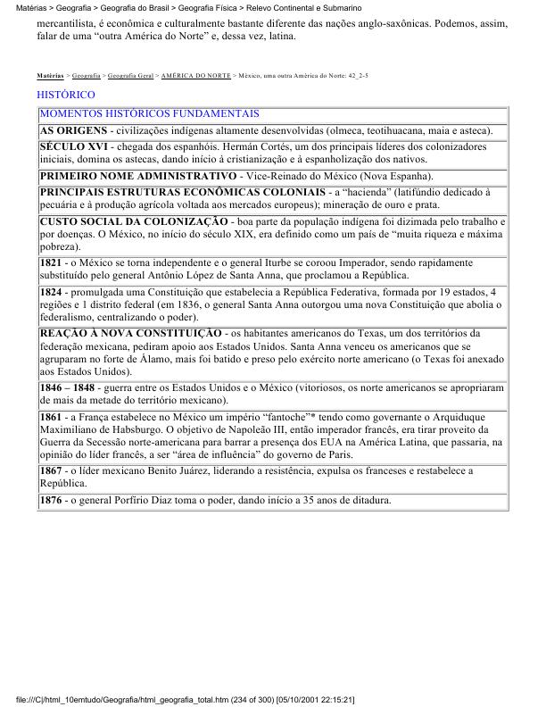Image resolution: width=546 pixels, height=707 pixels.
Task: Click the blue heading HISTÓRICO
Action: [x=66, y=95]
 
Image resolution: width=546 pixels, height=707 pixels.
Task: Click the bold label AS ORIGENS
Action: [x=74, y=130]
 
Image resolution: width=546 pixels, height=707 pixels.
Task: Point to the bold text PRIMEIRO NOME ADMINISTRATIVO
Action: [x=136, y=176]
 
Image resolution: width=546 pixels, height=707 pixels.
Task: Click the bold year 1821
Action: [x=52, y=263]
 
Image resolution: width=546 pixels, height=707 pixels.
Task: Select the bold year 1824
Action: [x=52, y=292]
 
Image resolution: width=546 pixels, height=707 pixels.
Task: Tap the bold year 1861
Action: [x=52, y=418]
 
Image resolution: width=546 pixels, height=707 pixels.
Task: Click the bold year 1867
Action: [x=52, y=470]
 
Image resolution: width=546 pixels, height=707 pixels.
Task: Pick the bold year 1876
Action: [x=52, y=500]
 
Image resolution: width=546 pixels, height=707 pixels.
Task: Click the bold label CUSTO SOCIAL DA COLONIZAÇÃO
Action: [x=134, y=220]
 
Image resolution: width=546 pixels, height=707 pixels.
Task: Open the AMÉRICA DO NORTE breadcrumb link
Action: [x=194, y=77]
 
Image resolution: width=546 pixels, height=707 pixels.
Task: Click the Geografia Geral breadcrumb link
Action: [x=129, y=77]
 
